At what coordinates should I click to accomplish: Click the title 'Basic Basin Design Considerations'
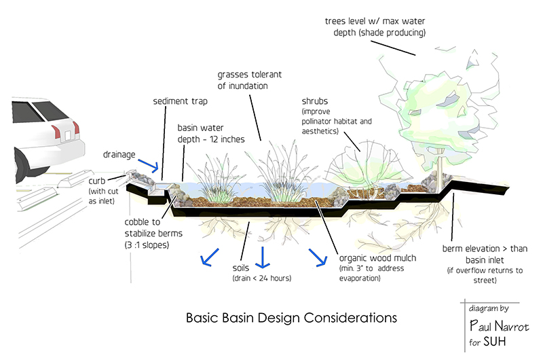click(292, 317)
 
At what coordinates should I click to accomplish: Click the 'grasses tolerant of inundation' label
click(250, 78)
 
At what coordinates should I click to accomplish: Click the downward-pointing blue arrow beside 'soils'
click(261, 256)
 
